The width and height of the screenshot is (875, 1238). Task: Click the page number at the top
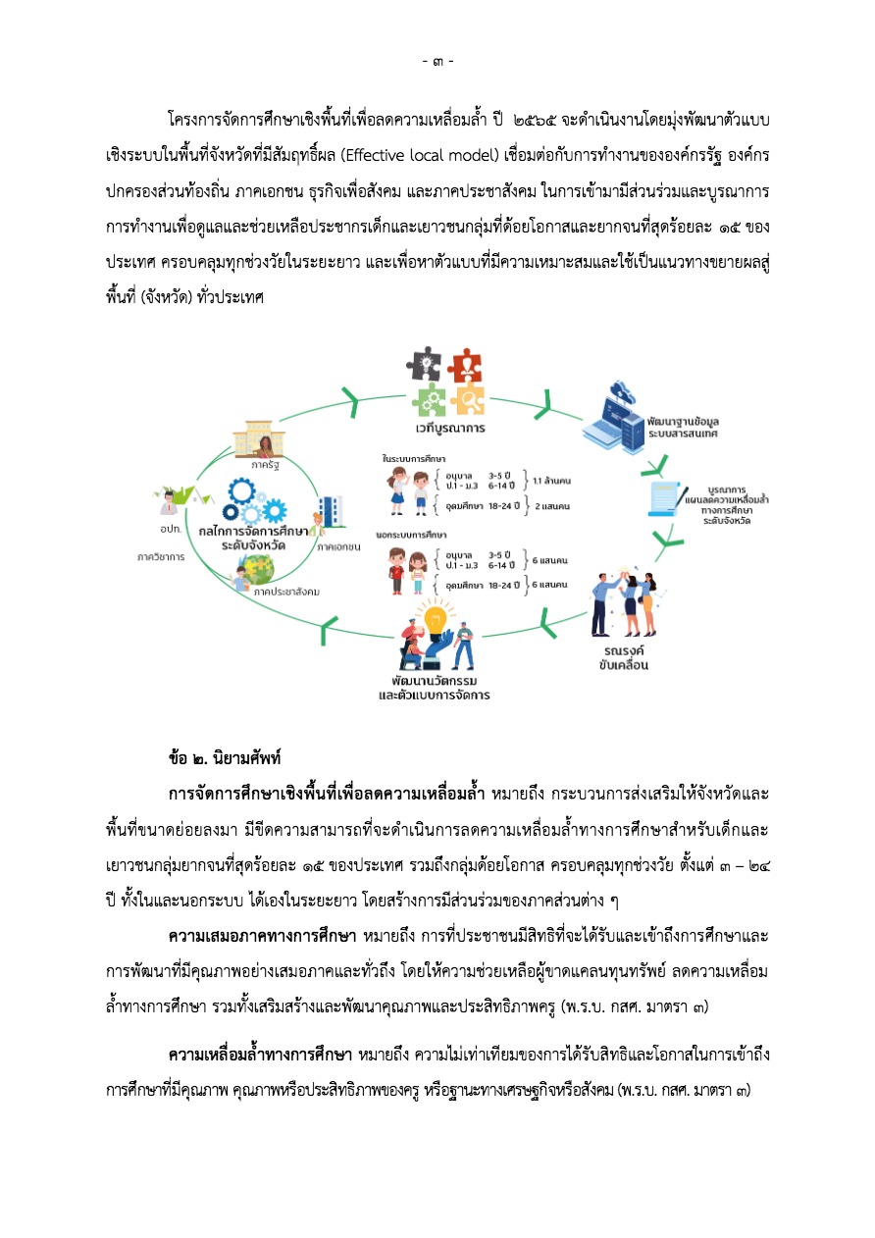437,62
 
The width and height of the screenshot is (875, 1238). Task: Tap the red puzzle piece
464,367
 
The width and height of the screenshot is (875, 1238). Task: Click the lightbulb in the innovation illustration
433,618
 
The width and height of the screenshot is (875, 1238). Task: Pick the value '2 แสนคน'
550,506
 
